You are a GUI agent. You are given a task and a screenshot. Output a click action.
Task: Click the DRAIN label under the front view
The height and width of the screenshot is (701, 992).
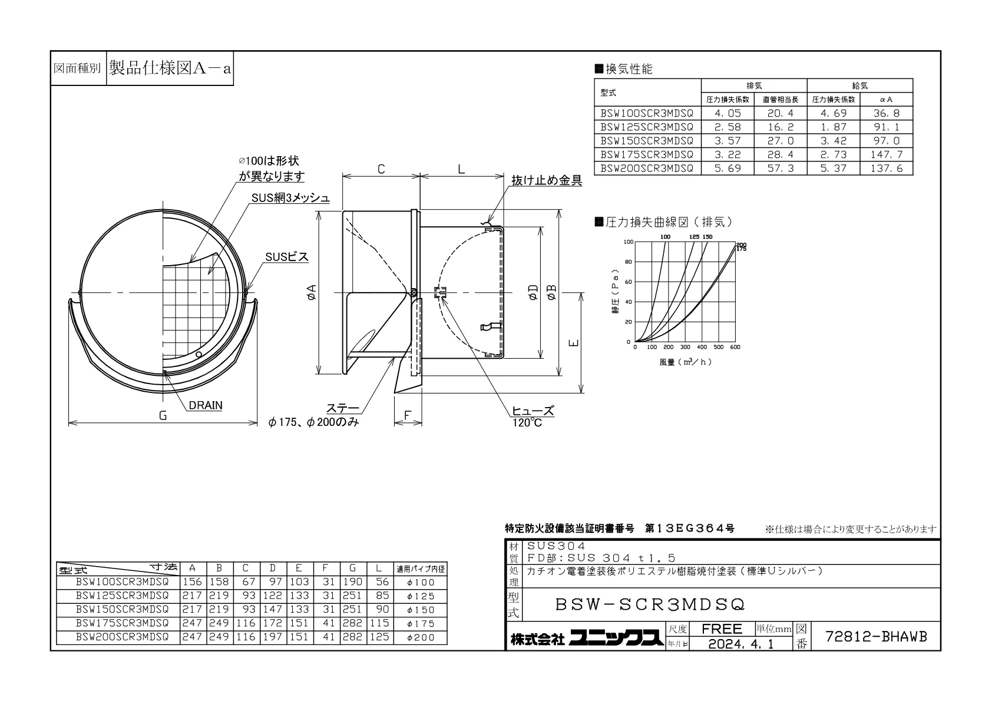point(206,405)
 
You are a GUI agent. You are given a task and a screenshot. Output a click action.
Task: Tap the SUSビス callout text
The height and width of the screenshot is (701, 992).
point(286,257)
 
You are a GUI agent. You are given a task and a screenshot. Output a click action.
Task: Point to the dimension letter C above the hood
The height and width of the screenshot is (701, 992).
point(381,169)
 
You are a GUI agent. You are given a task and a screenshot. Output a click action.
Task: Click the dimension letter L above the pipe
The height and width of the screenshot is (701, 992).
point(461,169)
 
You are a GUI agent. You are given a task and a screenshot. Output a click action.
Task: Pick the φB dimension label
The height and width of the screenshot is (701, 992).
point(551,292)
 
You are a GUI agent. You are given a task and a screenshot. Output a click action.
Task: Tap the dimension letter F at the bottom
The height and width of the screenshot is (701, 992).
point(408,415)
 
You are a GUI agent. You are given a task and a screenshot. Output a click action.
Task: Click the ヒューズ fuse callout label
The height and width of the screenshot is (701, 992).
point(533,411)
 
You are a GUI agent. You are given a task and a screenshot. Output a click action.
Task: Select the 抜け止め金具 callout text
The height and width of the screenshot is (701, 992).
point(547,180)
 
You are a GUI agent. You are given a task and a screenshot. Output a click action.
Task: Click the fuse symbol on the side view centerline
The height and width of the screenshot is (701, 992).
point(440,292)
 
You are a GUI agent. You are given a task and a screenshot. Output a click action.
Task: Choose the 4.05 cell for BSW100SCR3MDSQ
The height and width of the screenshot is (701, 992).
point(727,113)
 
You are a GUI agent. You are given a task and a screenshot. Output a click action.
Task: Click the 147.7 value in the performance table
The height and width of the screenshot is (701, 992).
point(886,154)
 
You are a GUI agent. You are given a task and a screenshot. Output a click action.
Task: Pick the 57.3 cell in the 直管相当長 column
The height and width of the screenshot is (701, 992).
point(781,168)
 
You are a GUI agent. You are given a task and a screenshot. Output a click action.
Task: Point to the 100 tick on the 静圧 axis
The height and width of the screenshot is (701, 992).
point(629,242)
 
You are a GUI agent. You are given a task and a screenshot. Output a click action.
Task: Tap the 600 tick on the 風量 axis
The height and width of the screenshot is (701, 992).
point(735,347)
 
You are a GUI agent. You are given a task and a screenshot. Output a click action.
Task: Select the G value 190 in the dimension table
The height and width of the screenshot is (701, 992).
point(352,582)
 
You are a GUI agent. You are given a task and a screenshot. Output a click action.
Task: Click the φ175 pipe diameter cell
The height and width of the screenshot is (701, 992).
point(421,623)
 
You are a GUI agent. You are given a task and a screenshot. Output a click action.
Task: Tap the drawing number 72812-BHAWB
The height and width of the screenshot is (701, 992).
point(876,637)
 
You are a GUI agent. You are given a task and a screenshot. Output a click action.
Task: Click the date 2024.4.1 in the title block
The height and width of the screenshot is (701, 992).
point(740,644)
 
